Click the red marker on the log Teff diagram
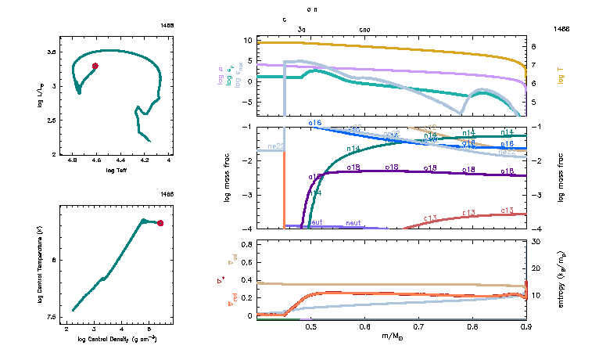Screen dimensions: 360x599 coord(95,66)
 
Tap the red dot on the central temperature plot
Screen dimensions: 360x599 coord(160,223)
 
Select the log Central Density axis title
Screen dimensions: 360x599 coord(117,339)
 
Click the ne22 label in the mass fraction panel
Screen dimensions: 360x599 coord(275,146)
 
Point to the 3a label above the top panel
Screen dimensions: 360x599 coord(302,29)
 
